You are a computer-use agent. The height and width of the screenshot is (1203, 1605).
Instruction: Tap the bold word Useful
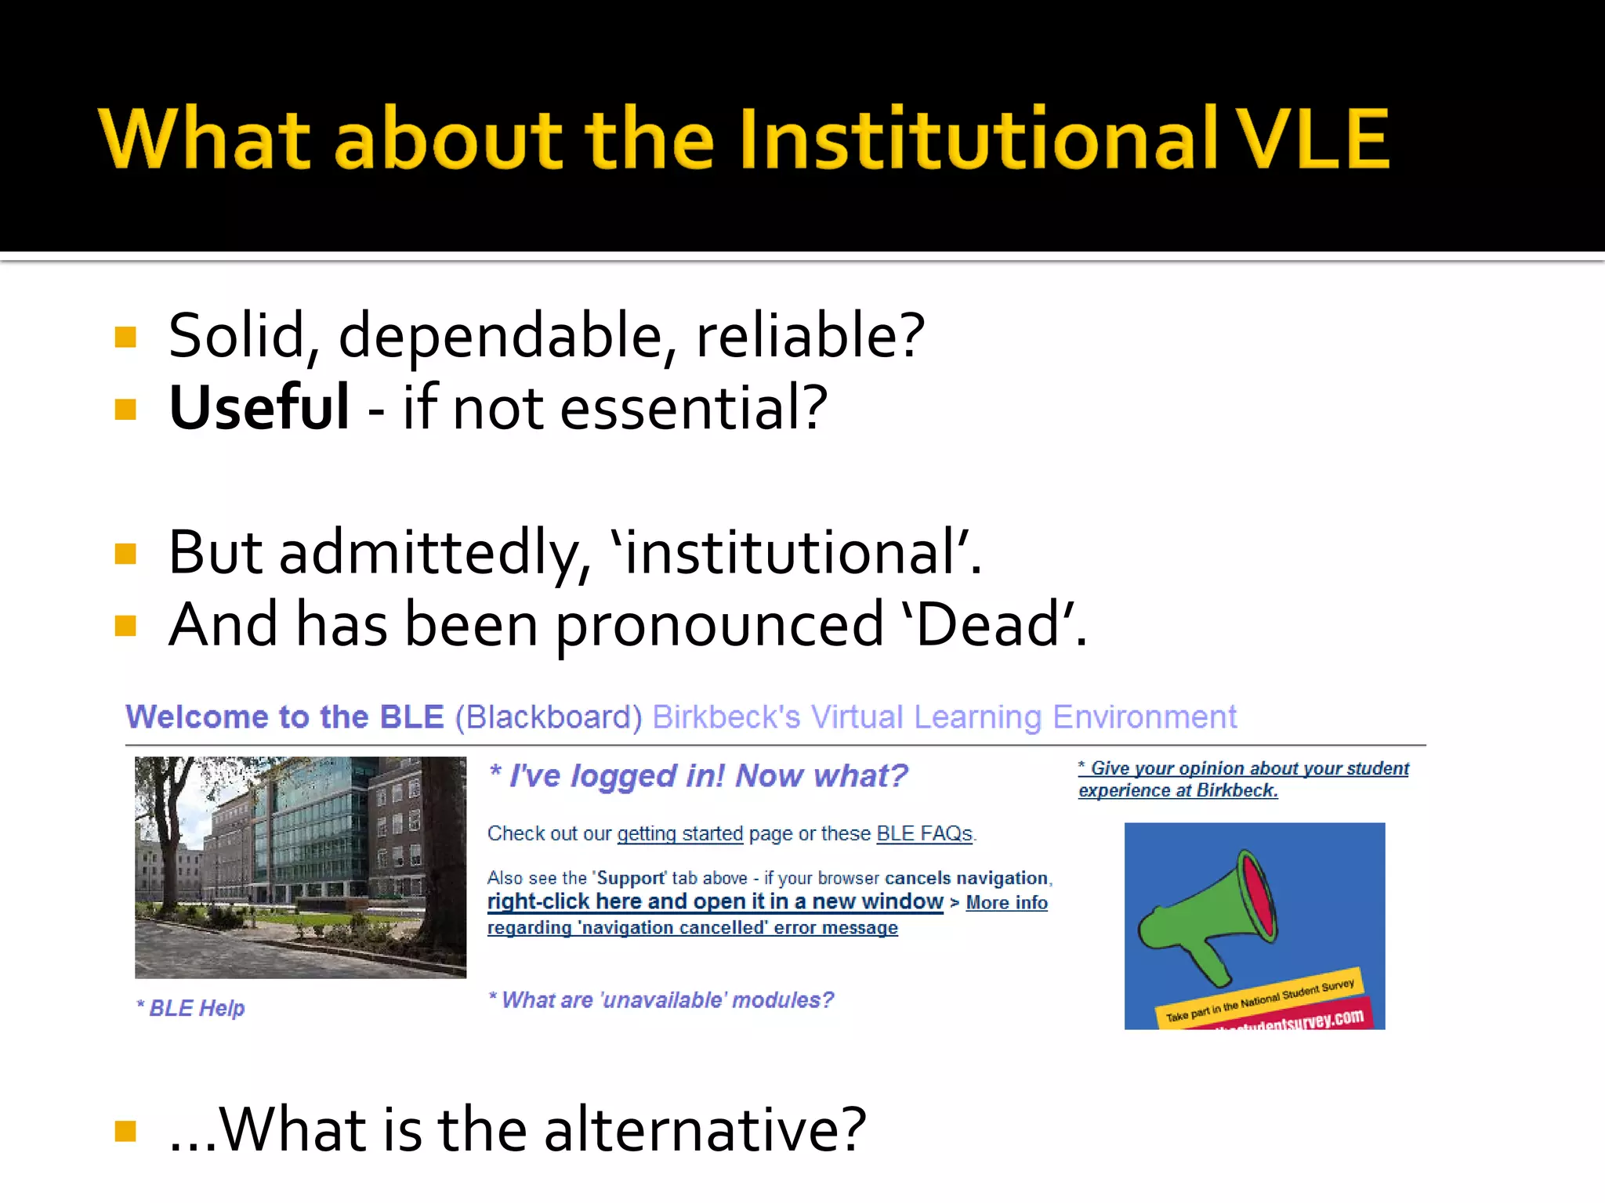tap(259, 408)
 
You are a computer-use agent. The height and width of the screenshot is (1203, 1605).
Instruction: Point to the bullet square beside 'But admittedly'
tap(125, 554)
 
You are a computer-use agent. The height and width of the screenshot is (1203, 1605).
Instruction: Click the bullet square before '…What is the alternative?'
tap(125, 1131)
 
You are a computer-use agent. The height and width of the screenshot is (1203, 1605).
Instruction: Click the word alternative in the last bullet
tap(705, 1131)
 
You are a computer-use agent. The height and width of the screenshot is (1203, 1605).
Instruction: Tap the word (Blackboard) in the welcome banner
tap(549, 717)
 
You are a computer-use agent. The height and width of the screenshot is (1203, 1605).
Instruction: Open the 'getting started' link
tap(679, 834)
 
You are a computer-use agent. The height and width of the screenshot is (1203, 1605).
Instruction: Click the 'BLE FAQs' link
tap(924, 834)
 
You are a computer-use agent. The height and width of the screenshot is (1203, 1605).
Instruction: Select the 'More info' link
tap(1006, 903)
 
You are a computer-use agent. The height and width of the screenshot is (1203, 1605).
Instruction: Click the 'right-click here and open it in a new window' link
tap(715, 902)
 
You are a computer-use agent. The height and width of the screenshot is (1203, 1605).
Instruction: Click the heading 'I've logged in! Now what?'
tap(699, 776)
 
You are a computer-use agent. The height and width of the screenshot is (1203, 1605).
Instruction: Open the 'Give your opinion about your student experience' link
tap(1243, 779)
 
